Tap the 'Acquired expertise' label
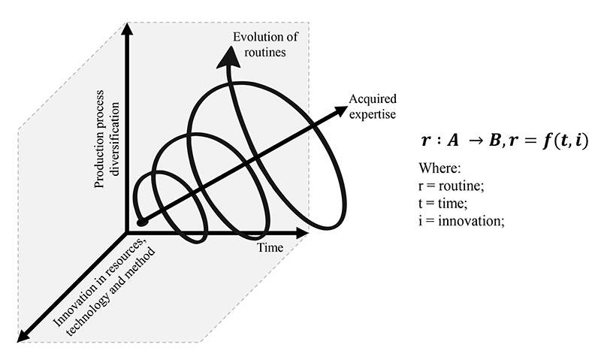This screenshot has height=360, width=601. [x=373, y=107]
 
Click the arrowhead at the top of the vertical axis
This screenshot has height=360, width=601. [x=129, y=31]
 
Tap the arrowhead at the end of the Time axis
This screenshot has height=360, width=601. [x=301, y=233]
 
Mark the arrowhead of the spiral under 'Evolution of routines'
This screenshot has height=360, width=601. [x=223, y=56]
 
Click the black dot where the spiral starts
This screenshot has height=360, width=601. [x=141, y=222]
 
